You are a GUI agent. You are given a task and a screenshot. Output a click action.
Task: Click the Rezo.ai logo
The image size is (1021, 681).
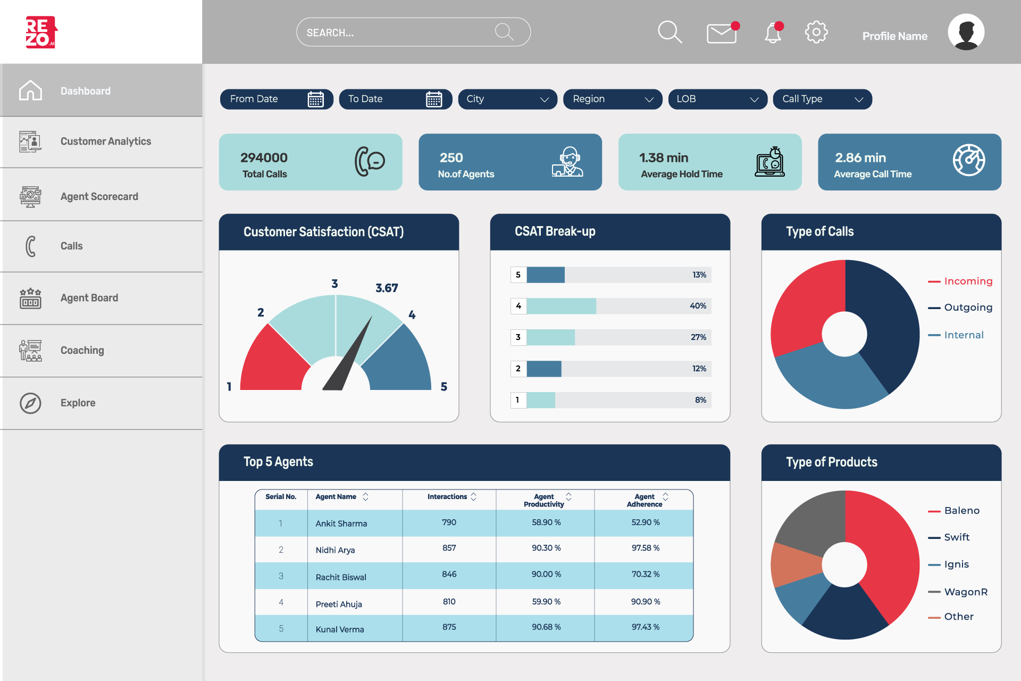tap(41, 32)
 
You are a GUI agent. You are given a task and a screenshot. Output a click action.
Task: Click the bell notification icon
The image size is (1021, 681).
tap(773, 34)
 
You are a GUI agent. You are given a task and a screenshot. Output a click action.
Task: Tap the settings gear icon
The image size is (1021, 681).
tap(816, 32)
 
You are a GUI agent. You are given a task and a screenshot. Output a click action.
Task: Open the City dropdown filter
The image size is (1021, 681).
tap(507, 99)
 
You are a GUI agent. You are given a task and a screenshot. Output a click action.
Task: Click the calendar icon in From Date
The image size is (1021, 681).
tap(315, 99)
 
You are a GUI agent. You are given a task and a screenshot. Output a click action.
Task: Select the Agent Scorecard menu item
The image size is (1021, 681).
tap(99, 196)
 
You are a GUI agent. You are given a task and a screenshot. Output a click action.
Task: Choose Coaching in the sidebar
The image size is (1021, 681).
tap(82, 350)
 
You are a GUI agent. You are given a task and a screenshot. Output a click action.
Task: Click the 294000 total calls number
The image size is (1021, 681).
tap(264, 157)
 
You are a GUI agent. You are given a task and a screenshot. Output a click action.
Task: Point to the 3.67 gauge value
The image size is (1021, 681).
tap(387, 288)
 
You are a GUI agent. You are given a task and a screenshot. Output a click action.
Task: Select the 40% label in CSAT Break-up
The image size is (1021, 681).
tap(698, 306)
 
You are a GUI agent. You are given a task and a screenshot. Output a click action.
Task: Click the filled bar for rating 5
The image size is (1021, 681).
tap(546, 275)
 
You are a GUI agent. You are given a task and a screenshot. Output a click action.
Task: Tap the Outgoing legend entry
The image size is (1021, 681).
tap(967, 308)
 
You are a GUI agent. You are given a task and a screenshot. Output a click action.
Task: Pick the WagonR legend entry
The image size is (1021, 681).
tap(965, 592)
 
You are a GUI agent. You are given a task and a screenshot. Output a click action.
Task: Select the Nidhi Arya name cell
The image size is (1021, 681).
tap(335, 550)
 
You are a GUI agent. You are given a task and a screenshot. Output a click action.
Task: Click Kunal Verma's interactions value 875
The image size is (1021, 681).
tap(449, 627)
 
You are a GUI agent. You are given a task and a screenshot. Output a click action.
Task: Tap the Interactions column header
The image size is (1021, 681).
tap(447, 497)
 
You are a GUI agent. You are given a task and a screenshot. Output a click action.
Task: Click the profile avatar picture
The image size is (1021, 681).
tap(966, 32)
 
